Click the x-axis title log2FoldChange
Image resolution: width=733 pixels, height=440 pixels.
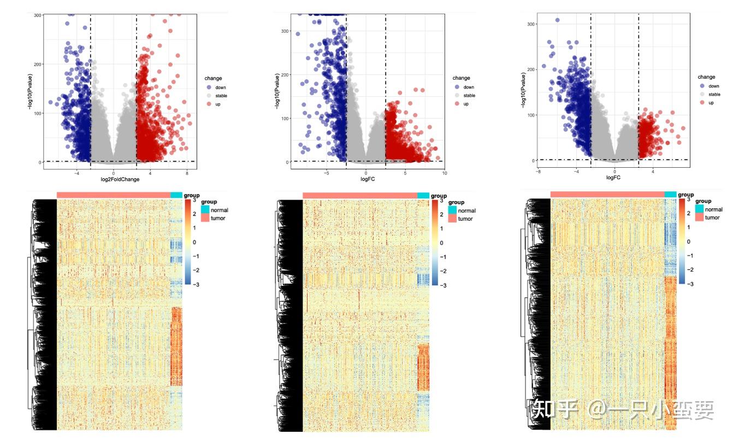120,179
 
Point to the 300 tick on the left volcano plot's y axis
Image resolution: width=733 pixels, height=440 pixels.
37,15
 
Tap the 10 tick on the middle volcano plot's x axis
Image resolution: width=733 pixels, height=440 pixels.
444,173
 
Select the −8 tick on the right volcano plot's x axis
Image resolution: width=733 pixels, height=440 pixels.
539,171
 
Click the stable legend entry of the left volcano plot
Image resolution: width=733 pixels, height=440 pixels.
221,96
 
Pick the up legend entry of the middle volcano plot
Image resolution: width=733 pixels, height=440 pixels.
465,104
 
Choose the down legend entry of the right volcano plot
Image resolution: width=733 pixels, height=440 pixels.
713,86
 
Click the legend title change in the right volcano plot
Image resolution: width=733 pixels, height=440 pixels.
706,77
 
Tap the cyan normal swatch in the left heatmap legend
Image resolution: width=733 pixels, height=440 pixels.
205,210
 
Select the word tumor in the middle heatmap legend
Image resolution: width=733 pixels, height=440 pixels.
465,219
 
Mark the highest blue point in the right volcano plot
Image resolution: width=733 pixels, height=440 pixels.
558,20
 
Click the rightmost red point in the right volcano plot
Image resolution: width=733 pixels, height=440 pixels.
683,128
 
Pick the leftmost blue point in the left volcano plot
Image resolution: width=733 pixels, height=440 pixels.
51,102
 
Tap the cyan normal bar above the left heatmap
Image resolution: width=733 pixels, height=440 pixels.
176,195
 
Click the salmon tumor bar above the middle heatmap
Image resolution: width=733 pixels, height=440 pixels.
359,196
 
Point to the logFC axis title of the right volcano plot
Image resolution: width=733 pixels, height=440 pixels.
613,178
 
